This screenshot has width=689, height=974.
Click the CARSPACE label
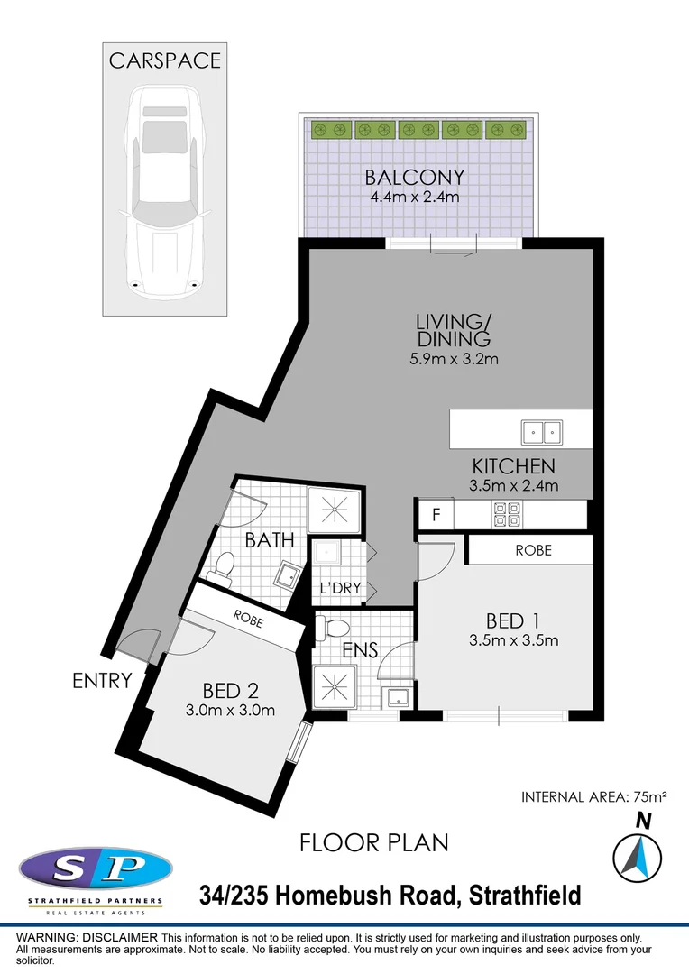[x=164, y=60]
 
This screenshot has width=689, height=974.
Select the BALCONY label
[x=415, y=177]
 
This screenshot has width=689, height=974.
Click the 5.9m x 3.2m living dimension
[x=453, y=359]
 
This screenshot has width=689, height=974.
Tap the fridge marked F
[x=436, y=516]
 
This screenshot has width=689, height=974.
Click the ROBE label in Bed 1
[x=533, y=549]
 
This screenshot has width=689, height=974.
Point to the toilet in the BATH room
[x=223, y=567]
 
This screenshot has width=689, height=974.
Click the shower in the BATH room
[x=335, y=511]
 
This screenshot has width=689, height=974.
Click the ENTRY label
[x=102, y=681]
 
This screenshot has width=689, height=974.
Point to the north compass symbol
[x=638, y=854]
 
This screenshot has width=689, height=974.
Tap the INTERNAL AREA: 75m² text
[x=593, y=797]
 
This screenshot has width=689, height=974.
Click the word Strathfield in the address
[x=527, y=896]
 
